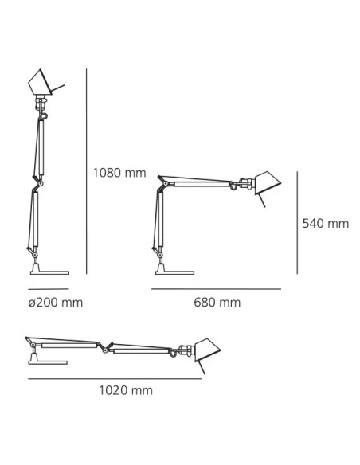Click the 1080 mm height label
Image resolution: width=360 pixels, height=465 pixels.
pos(119,171)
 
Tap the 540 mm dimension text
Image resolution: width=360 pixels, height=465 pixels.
pos(326,224)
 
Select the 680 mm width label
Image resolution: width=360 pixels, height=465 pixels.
pos(217,303)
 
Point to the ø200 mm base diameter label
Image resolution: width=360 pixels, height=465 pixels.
pos(55,303)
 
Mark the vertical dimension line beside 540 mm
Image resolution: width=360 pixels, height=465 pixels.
pos(296,224)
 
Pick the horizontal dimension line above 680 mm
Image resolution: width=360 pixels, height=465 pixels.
pos(217,288)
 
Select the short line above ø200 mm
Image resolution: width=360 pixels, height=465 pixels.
pos(49,288)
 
